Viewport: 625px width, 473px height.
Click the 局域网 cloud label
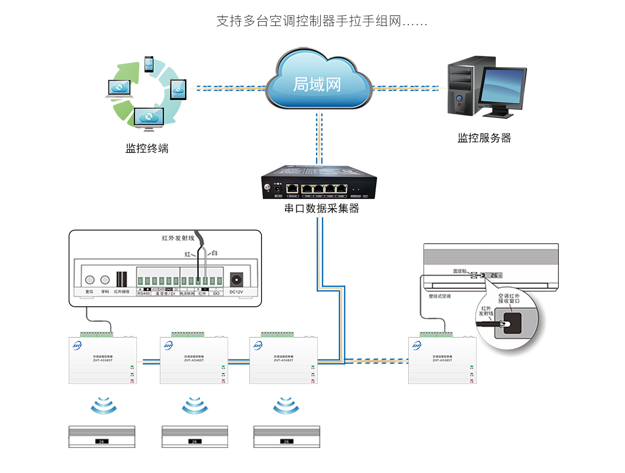tap(317, 85)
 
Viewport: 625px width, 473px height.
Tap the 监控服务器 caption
tap(484, 138)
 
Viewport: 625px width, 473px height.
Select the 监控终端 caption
tap(147, 149)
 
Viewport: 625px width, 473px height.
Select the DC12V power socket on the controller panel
tap(237, 279)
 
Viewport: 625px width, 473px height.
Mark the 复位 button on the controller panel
tap(90, 279)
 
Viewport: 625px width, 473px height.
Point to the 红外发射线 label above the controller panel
tap(178, 239)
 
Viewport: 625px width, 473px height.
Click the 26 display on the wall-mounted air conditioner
tap(494, 275)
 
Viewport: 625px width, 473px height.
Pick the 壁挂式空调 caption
tap(435, 296)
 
